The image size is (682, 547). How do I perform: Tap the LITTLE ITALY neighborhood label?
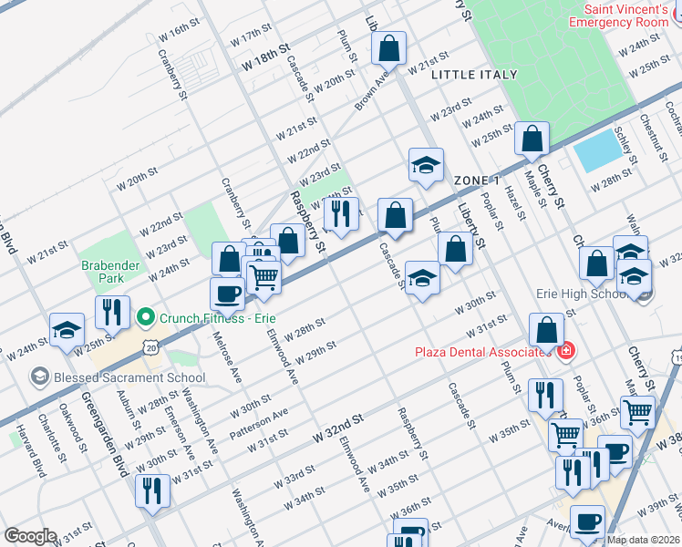point(473,75)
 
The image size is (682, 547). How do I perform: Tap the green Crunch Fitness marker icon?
point(144,317)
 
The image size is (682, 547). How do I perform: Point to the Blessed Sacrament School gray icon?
point(38,376)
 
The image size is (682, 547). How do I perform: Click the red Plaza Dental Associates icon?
point(565,351)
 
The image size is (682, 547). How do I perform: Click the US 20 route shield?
point(151,347)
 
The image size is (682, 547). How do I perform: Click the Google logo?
point(30,536)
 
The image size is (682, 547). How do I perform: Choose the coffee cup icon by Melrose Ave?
point(226,293)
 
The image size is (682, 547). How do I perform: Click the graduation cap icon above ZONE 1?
point(426,165)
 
